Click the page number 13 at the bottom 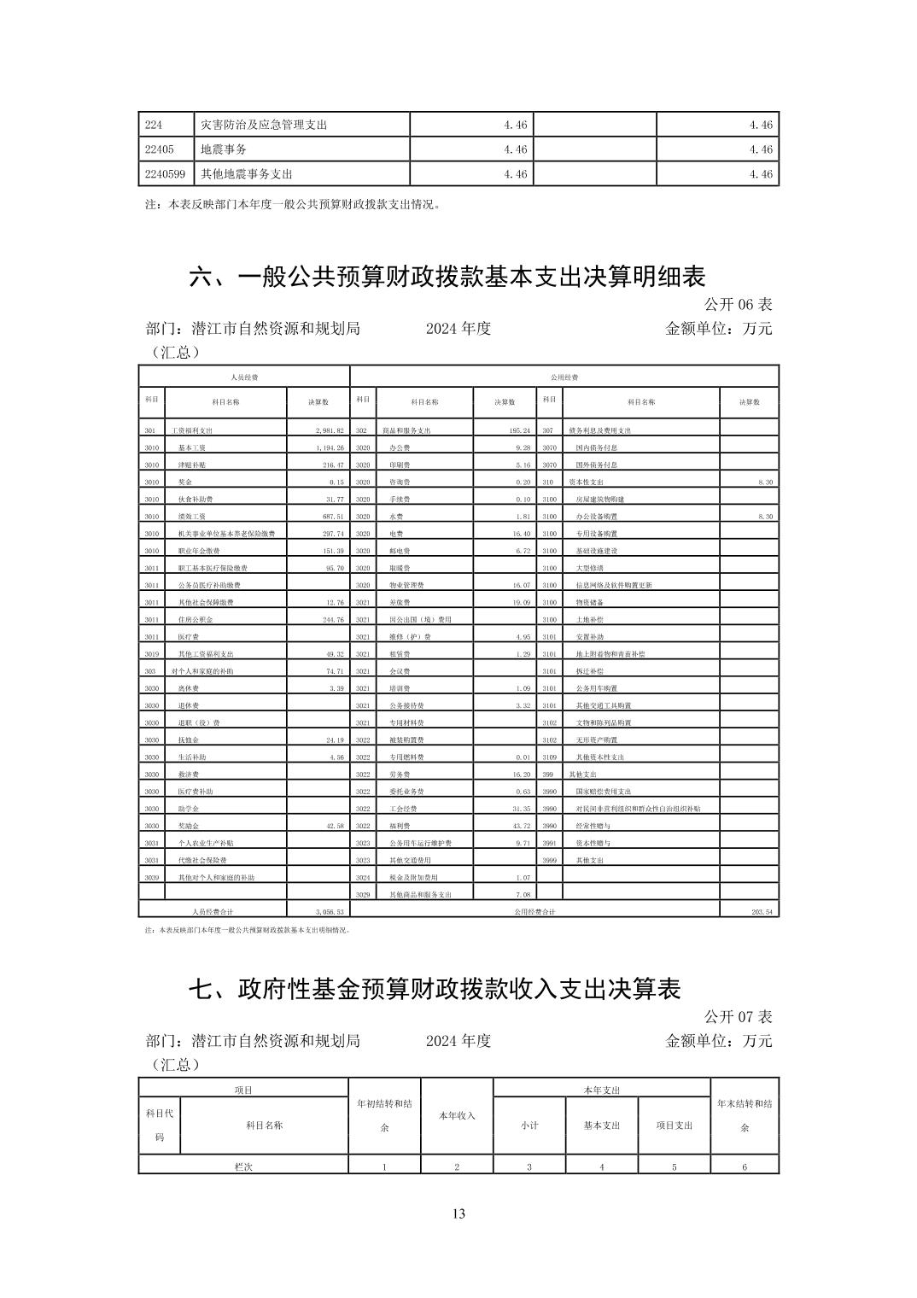pyautogui.click(x=458, y=1214)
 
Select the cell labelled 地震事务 pyautogui.click(x=224, y=149)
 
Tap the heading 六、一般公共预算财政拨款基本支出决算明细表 pyautogui.click(x=447, y=277)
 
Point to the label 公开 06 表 pyautogui.click(x=738, y=304)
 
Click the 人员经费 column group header pyautogui.click(x=244, y=377)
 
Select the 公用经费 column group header pyautogui.click(x=564, y=377)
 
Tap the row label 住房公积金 pyautogui.click(x=193, y=620)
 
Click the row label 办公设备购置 pyautogui.click(x=595, y=517)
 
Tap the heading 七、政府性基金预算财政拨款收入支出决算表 pyautogui.click(x=435, y=989)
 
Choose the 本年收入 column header pyautogui.click(x=457, y=1115)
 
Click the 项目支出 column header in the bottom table pyautogui.click(x=675, y=1126)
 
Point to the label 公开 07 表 pyautogui.click(x=738, y=1016)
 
